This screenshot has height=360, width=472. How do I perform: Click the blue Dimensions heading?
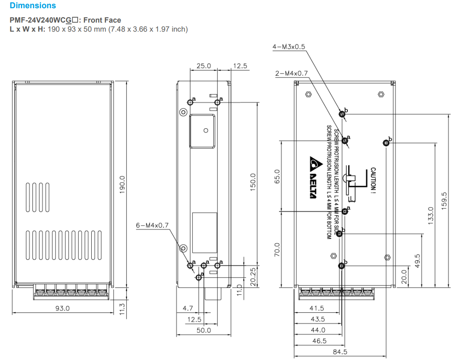pyautogui.click(x=32, y=6)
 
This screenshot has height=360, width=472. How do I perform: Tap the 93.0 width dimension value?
pyautogui.click(x=62, y=308)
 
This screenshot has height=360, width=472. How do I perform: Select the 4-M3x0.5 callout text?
pyautogui.click(x=289, y=47)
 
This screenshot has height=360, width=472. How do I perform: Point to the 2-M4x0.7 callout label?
pyautogui.click(x=291, y=73)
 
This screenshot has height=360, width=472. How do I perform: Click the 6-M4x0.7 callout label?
pyautogui.click(x=152, y=225)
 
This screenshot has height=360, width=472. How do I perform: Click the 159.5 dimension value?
pyautogui.click(x=444, y=201)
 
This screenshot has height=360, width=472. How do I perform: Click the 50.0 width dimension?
pyautogui.click(x=204, y=330)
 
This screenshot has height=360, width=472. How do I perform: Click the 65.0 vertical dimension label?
pyautogui.click(x=277, y=176)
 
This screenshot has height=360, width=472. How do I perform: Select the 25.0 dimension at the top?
pyautogui.click(x=204, y=66)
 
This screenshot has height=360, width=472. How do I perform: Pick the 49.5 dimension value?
pyautogui.click(x=417, y=260)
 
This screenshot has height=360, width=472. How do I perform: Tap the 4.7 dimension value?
pyautogui.click(x=187, y=308)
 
